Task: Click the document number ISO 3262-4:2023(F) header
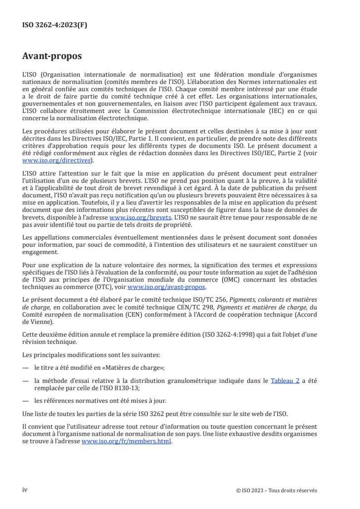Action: tap(55, 25)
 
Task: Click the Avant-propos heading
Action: tap(52, 57)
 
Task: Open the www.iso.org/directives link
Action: tap(57, 161)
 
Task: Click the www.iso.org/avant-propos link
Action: tap(167, 287)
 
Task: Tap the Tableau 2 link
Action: tap(285, 381)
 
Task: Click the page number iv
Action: tap(25, 490)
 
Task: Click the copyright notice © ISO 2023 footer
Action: tap(276, 490)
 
